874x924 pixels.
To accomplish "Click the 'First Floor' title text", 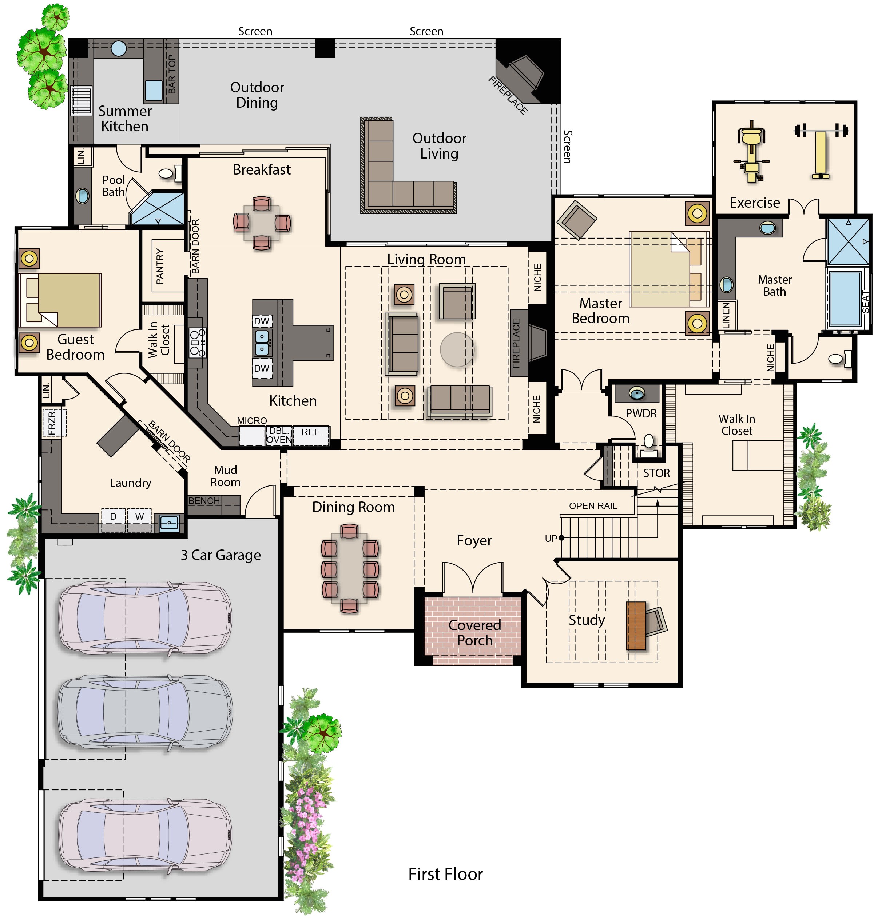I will (445, 874).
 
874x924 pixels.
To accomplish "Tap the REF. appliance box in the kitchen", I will (311, 436).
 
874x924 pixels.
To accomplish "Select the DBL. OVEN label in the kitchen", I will (279, 436).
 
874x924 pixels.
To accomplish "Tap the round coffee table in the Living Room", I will (457, 349).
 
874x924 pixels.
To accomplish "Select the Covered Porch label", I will (474, 633).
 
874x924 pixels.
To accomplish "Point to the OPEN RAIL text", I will (593, 506).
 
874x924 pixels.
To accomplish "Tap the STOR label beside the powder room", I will (656, 473).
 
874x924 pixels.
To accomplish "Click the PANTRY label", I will (160, 266).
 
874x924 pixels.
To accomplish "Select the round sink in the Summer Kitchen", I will (119, 48).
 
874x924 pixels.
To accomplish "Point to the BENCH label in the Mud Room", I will (204, 501).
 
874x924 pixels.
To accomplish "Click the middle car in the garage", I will (144, 713).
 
